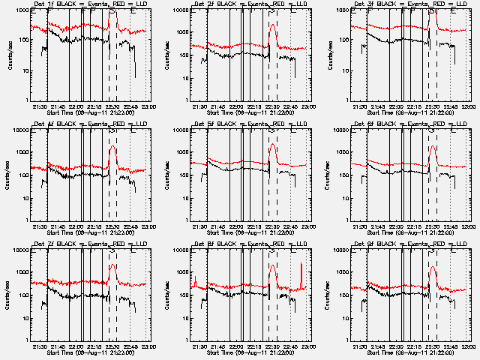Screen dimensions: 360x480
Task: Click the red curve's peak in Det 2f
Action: [272, 25]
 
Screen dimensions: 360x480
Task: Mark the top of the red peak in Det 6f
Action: [433, 145]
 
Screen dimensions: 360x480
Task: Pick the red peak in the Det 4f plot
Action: [112, 146]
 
